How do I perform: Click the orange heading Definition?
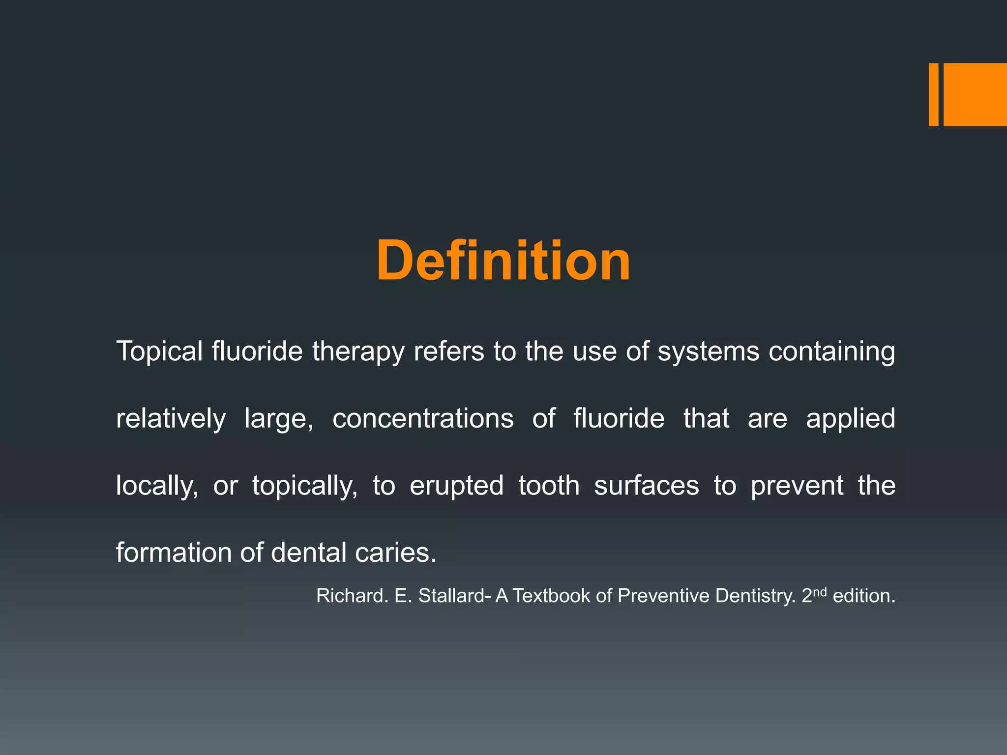[503, 261]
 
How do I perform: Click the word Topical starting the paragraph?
[159, 352]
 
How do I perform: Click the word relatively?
[171, 419]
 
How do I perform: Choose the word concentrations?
[423, 419]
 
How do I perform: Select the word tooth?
[549, 486]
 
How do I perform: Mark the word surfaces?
[646, 486]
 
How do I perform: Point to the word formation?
[174, 552]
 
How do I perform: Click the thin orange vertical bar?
[933, 94]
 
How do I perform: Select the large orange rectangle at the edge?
[975, 94]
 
